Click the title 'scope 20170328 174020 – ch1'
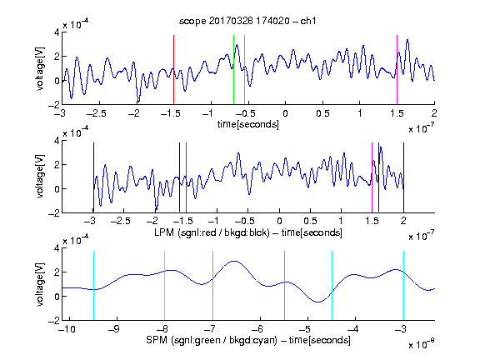[247, 21]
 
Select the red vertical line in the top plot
[173, 70]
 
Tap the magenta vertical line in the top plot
[397, 70]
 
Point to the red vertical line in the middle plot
[186, 177]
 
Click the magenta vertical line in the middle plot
[372, 177]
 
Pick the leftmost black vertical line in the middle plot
[93, 177]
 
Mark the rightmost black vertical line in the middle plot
[403, 177]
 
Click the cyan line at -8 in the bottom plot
[165, 286]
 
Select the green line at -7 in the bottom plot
[212, 286]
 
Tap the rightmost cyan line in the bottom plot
[403, 286]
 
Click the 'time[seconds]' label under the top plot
[248, 125]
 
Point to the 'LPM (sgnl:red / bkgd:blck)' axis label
[212, 232]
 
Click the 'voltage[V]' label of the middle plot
[40, 177]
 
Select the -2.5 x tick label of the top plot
[97, 113]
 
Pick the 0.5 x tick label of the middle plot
[310, 221]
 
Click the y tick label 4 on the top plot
[57, 32]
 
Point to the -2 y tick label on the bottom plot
[53, 320]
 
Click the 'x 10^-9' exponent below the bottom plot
[421, 344]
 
